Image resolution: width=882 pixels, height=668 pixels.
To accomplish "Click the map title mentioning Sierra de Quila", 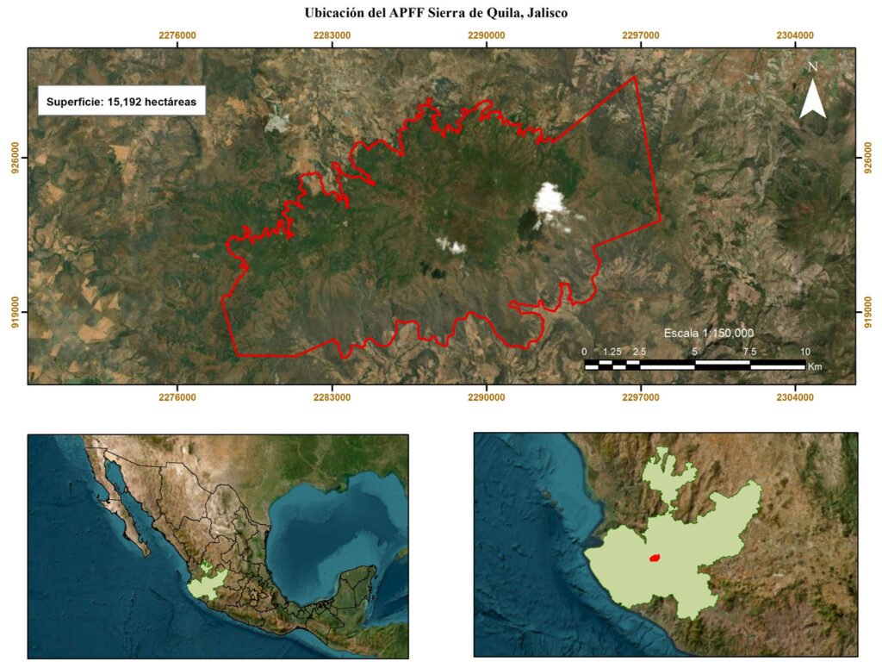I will click(x=437, y=13).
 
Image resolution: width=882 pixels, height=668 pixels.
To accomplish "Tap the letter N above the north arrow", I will click(x=812, y=66).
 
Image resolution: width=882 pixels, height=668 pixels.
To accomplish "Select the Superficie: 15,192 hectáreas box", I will click(x=121, y=101).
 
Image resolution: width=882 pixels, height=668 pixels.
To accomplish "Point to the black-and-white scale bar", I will click(x=694, y=365).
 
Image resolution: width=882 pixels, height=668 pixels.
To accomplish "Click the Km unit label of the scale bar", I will click(x=815, y=366).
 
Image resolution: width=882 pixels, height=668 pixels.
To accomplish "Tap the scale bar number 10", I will click(x=804, y=352).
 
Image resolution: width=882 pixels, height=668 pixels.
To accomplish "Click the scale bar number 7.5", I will click(x=749, y=352).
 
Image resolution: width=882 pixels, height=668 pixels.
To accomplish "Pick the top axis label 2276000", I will click(x=177, y=35).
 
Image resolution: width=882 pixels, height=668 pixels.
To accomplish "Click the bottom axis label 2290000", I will click(x=486, y=397).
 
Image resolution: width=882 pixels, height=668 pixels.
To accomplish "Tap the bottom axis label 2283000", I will click(x=332, y=397).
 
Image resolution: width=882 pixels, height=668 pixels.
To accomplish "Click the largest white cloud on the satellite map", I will click(x=550, y=201).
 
